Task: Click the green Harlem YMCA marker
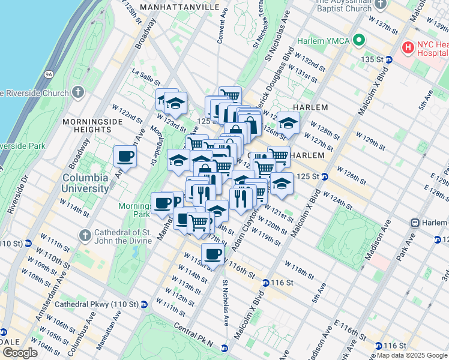click(x=360, y=41)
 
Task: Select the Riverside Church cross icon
click(x=77, y=92)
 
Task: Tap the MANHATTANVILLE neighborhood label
click(x=179, y=7)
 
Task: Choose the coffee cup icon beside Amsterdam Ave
click(x=125, y=156)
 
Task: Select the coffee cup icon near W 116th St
click(x=212, y=253)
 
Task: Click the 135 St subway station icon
click(x=389, y=59)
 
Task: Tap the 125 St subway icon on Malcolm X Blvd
click(x=324, y=176)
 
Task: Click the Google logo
click(x=19, y=353)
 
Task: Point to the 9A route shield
click(x=49, y=74)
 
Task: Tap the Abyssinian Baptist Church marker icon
click(x=380, y=4)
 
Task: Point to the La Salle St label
click(x=146, y=77)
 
